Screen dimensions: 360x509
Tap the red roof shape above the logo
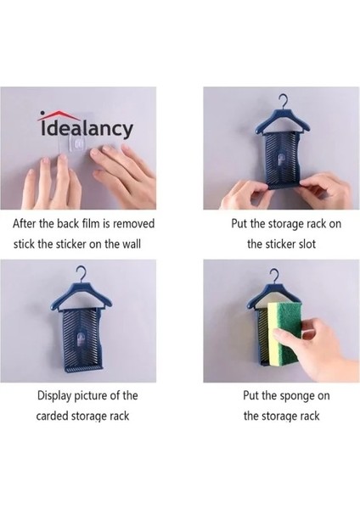pos(59,114)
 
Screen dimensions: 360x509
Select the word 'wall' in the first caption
pos(132,243)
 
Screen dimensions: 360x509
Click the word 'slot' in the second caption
pos(307,243)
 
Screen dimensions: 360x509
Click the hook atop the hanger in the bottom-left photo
pos(80,274)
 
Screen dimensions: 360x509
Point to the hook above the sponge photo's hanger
pos(274,276)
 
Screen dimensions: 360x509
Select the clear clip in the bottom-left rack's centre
pos(80,341)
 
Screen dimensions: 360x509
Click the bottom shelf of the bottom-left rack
pos(84,368)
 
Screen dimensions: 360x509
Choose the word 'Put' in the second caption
pos(239,224)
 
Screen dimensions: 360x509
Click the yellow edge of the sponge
pos(273,334)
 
